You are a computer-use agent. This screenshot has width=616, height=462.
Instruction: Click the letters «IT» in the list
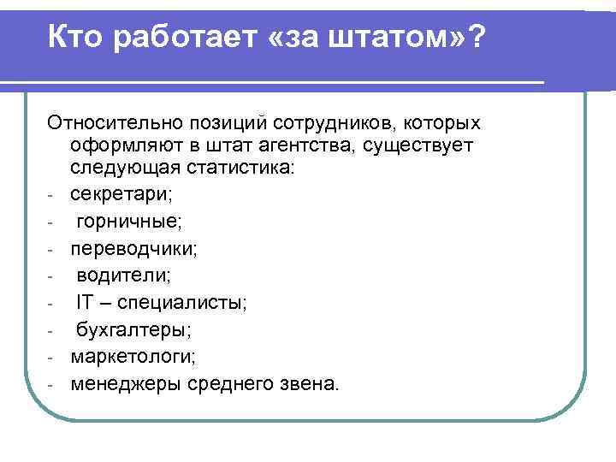(85, 302)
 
